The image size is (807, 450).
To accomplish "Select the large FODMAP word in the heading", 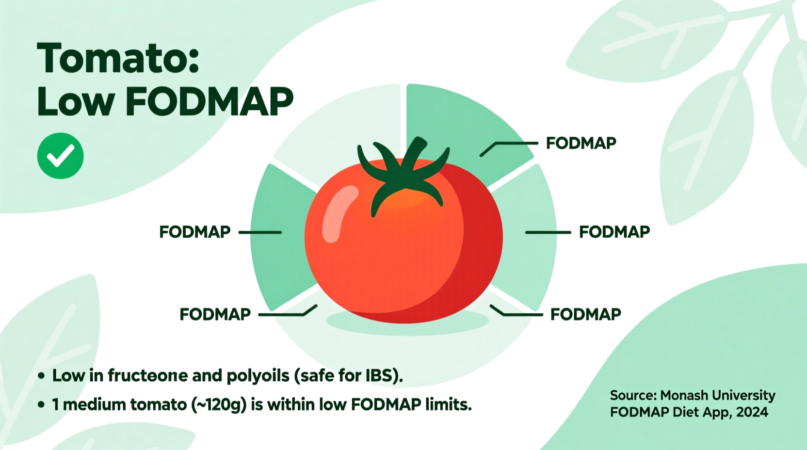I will tap(210, 102).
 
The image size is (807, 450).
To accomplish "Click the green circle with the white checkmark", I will tap(61, 156).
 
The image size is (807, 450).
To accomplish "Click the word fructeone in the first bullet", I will tap(147, 375).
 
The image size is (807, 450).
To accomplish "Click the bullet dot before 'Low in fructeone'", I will tap(41, 376).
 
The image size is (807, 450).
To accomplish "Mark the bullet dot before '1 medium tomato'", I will tap(41, 404).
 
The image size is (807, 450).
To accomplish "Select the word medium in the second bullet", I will tap(90, 404).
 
